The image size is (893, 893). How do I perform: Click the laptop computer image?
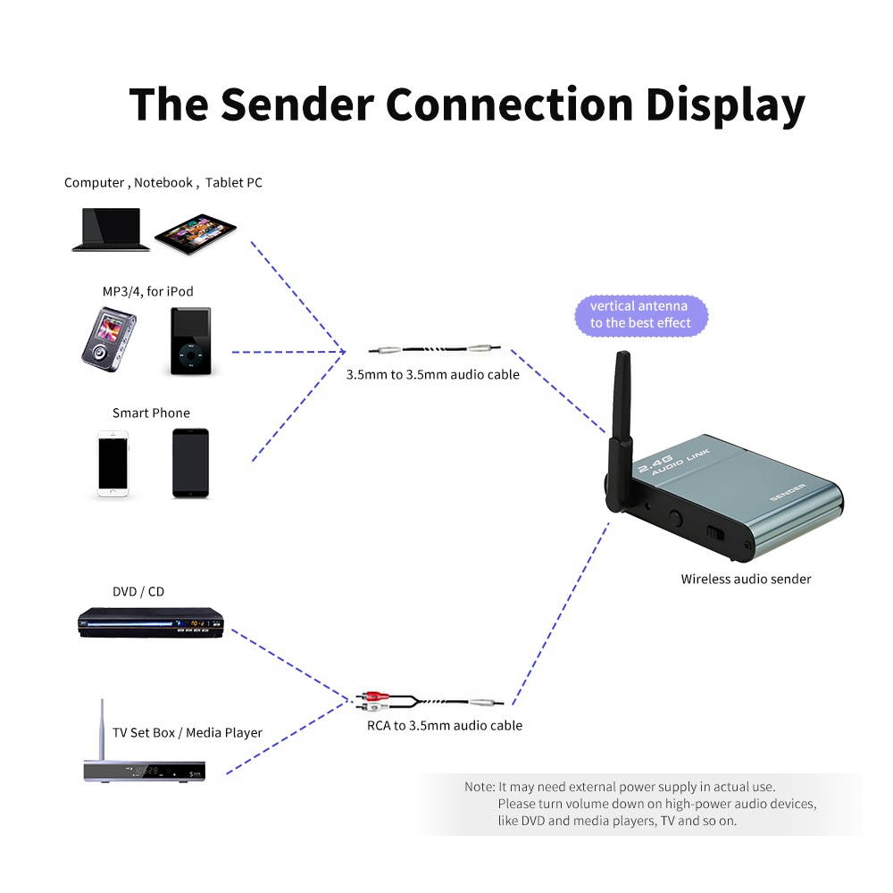coord(111,230)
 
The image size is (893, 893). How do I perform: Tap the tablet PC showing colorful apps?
coord(195,233)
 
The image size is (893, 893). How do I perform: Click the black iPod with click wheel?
coord(190,341)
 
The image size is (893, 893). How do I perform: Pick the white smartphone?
coord(113,463)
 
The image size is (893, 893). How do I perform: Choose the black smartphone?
coord(190,463)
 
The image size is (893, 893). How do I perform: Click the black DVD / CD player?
coord(150,622)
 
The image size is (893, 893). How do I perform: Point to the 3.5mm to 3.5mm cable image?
coord(436,351)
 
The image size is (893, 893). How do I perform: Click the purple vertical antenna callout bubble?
coord(639,314)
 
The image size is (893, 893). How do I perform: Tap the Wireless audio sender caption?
coord(746,579)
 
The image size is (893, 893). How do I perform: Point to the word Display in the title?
coord(725,104)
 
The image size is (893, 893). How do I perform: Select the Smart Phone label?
coord(151,413)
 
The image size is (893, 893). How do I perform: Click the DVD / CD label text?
coord(138,591)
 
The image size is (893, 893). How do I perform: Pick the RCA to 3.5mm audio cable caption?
coord(445,725)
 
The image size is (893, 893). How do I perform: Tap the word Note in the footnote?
coord(479,787)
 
